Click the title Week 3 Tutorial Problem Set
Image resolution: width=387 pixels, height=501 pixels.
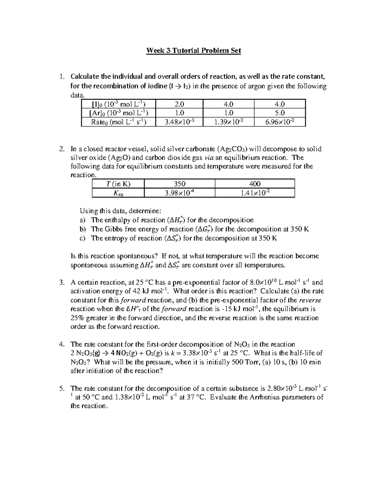point(193,51)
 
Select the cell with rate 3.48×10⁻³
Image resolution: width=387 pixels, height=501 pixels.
point(179,122)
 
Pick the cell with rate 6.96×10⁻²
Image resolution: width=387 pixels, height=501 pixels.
point(280,122)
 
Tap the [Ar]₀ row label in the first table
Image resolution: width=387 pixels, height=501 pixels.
point(118,113)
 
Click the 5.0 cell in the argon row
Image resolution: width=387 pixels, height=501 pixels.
point(280,113)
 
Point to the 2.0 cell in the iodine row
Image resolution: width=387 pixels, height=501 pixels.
point(179,104)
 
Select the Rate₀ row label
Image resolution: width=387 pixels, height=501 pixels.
point(118,122)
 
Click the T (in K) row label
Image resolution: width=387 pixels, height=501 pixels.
point(118,184)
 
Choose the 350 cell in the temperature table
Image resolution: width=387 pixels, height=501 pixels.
point(179,184)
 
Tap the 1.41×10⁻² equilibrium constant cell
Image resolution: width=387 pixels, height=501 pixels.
point(255,193)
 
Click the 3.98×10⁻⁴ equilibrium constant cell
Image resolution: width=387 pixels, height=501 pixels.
point(179,193)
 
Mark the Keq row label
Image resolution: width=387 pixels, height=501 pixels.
point(118,193)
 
